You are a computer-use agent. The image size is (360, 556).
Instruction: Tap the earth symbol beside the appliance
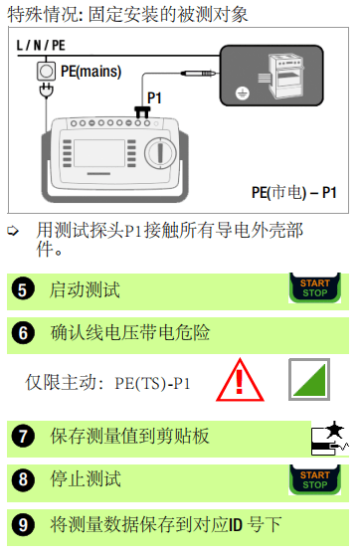[240, 94]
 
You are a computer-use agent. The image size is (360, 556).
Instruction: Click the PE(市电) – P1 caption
[292, 191]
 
